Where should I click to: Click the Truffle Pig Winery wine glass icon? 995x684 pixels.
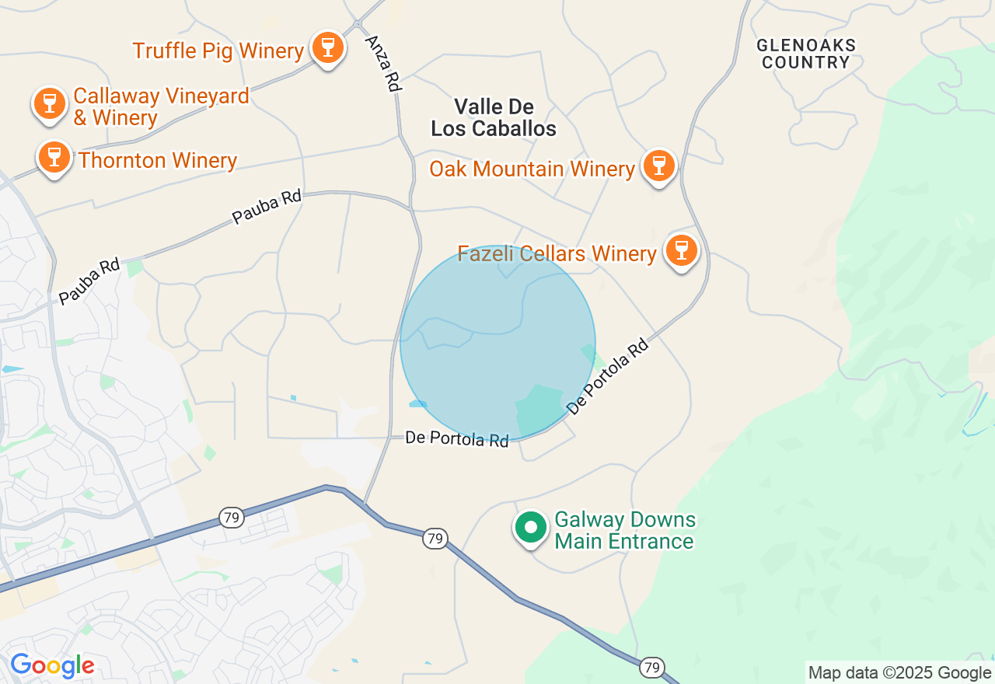tap(327, 48)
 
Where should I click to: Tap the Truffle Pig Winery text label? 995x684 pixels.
tap(218, 51)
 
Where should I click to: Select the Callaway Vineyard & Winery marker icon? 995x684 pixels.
tap(50, 104)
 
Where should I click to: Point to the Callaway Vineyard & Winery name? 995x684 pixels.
tap(161, 107)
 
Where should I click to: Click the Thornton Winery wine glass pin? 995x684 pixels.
tap(54, 157)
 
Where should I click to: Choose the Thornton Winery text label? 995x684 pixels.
tap(158, 161)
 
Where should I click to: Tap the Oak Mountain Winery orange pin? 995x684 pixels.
tap(658, 166)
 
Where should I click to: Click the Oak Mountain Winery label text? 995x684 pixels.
tap(532, 169)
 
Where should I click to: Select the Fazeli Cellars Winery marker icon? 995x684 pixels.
tap(682, 251)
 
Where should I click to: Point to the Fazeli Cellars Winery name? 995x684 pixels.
tap(557, 254)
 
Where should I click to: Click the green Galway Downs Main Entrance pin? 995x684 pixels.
tap(531, 528)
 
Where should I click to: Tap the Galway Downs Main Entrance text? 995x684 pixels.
tap(624, 530)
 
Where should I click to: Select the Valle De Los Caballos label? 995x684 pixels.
tap(494, 117)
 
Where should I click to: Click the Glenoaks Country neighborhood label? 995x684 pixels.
tap(805, 54)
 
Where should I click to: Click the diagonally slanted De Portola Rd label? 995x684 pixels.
tap(607, 376)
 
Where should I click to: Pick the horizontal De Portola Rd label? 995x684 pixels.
tap(457, 439)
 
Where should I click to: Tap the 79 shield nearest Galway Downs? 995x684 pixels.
tap(435, 538)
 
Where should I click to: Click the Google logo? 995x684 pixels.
tap(52, 666)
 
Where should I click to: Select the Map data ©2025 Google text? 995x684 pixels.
tap(899, 673)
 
